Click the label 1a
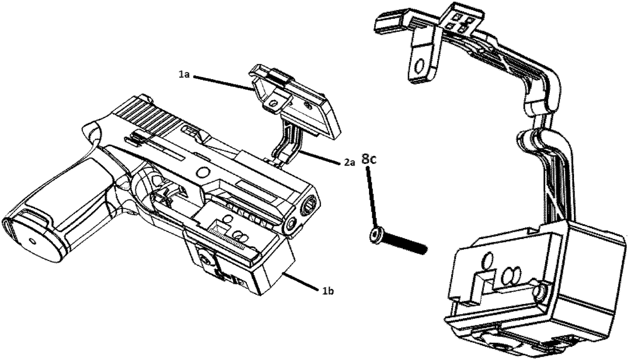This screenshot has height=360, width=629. (184, 75)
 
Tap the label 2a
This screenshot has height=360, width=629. (349, 162)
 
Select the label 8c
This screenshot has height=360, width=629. (368, 159)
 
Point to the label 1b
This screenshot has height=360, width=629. (328, 291)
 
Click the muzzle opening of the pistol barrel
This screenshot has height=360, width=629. (310, 204)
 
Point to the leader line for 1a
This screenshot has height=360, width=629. (223, 83)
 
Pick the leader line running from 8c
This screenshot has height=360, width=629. (371, 199)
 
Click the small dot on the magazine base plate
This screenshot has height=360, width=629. (32, 241)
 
